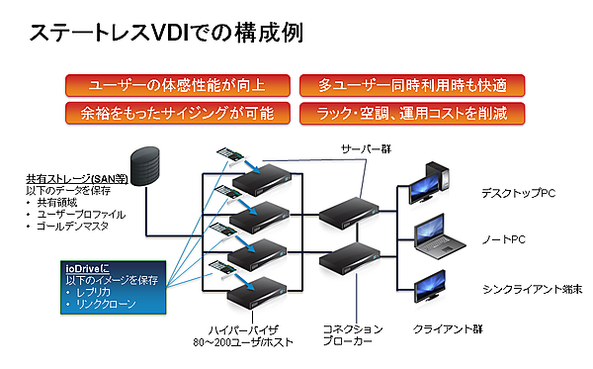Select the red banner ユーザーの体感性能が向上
click(178, 85)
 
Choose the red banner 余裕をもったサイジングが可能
click(178, 112)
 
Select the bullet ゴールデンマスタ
click(77, 227)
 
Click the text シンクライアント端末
click(531, 288)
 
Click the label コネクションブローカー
click(351, 334)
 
